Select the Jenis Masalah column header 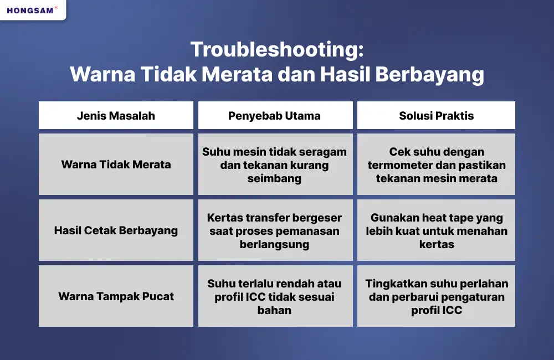(x=116, y=116)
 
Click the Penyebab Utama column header (x=274, y=116)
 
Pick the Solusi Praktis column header (x=437, y=116)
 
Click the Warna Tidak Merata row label (x=116, y=164)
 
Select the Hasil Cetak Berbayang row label (x=116, y=230)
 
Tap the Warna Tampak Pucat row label (x=116, y=296)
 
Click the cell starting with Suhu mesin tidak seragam (x=274, y=164)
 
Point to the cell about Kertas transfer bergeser (x=274, y=230)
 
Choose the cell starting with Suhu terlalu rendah (x=274, y=296)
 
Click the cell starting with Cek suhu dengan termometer (x=437, y=164)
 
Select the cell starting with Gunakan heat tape (x=437, y=230)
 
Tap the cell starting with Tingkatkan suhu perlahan (x=437, y=296)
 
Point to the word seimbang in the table (x=274, y=178)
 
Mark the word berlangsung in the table (x=274, y=244)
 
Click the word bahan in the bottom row (x=274, y=310)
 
